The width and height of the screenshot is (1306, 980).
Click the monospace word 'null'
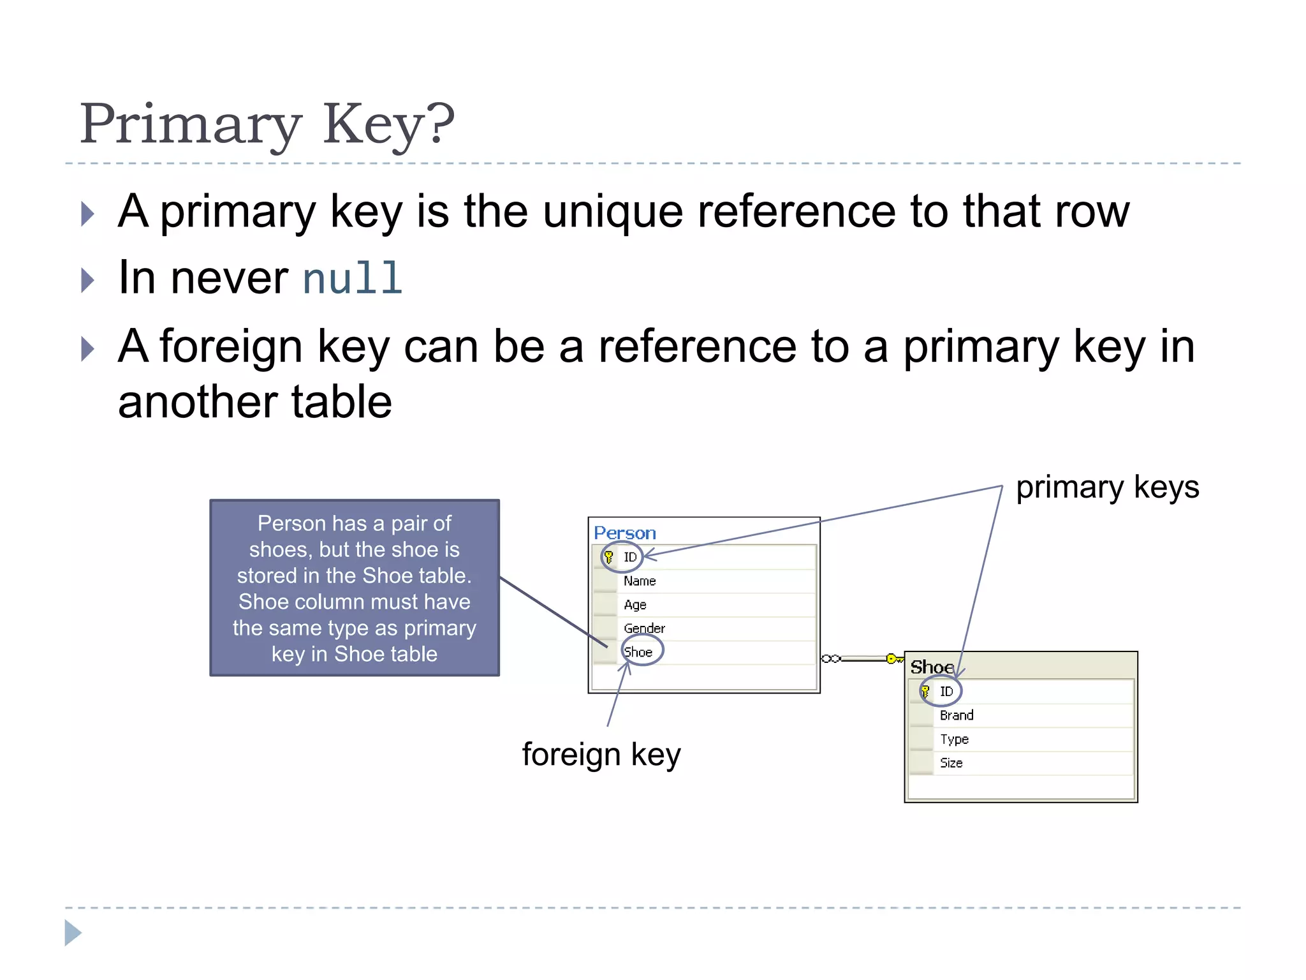tap(352, 279)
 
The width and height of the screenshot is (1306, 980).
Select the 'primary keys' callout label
tap(1107, 488)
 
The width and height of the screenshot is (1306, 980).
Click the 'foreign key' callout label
tap(601, 755)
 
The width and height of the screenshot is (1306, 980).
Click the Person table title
tap(624, 533)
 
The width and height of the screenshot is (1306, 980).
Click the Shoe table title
tap(932, 667)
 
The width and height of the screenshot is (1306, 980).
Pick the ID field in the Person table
tap(630, 557)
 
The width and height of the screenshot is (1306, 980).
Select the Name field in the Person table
tap(640, 581)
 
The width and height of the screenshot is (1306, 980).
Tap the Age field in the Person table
tap(635, 604)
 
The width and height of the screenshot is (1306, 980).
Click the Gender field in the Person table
tap(644, 628)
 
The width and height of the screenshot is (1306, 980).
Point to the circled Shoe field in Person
tap(638, 652)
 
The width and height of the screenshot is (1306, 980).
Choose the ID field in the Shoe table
tap(946, 692)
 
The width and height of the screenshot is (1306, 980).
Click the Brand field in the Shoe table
tap(957, 715)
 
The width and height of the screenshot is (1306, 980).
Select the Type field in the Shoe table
tap(954, 739)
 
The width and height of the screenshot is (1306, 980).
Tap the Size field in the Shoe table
tap(951, 763)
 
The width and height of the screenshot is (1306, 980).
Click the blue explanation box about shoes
tap(355, 588)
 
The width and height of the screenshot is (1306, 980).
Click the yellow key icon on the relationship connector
tap(893, 658)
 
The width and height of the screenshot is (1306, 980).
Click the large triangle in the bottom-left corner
tap(73, 933)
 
